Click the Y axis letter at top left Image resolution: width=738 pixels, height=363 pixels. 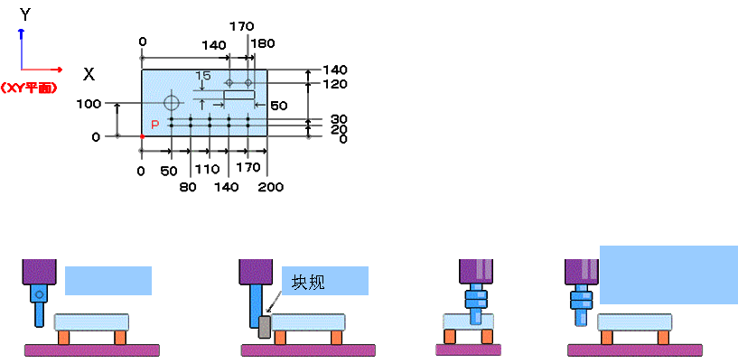tap(25, 14)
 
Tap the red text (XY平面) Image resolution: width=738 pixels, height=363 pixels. tap(29, 88)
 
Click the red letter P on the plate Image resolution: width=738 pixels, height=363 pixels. tap(154, 124)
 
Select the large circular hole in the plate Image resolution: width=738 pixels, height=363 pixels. tap(172, 102)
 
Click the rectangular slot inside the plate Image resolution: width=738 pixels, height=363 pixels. tap(239, 94)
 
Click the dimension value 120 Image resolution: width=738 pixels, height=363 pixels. tap(335, 84)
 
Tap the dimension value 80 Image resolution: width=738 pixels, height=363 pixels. tap(188, 187)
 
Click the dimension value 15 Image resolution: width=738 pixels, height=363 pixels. tap(202, 76)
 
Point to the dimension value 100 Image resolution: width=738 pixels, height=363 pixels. tap(89, 105)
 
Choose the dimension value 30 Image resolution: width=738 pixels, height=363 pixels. tap(339, 119)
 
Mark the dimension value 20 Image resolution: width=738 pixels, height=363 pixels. tap(339, 129)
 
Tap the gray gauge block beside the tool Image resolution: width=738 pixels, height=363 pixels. tap(264, 327)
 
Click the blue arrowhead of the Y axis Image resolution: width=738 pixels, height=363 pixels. tap(21, 33)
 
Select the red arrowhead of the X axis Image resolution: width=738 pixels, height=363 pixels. tap(59, 69)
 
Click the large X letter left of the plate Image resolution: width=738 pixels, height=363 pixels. tap(89, 74)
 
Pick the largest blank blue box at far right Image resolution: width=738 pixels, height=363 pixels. tap(668, 274)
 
